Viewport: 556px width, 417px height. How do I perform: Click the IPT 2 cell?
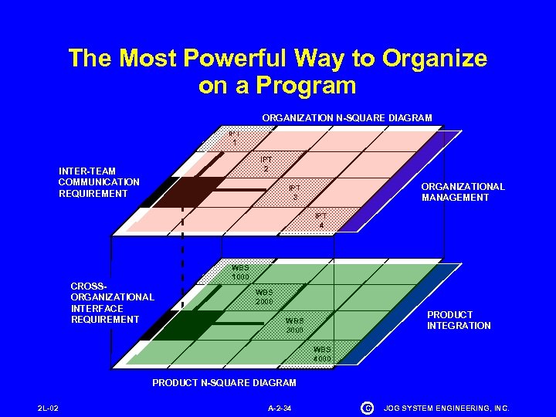[265, 164]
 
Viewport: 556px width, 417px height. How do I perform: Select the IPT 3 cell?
[294, 192]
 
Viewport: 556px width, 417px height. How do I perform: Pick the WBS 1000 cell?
[240, 272]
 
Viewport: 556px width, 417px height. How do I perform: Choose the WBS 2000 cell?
[265, 297]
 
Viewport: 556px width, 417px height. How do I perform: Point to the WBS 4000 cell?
[322, 354]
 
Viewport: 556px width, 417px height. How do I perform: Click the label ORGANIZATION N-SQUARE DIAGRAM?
[347, 118]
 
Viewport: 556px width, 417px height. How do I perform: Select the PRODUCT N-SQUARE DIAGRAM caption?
[224, 383]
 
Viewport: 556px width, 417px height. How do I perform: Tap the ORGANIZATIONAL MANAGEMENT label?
[463, 192]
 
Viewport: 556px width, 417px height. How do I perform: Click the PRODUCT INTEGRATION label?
[459, 320]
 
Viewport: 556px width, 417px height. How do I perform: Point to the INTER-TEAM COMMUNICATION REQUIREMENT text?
[99, 182]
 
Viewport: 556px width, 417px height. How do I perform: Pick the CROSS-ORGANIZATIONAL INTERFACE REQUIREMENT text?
[112, 302]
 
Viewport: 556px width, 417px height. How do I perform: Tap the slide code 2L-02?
[48, 408]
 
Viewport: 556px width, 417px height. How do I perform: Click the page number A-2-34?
[279, 408]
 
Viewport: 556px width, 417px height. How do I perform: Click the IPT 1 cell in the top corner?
[234, 137]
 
